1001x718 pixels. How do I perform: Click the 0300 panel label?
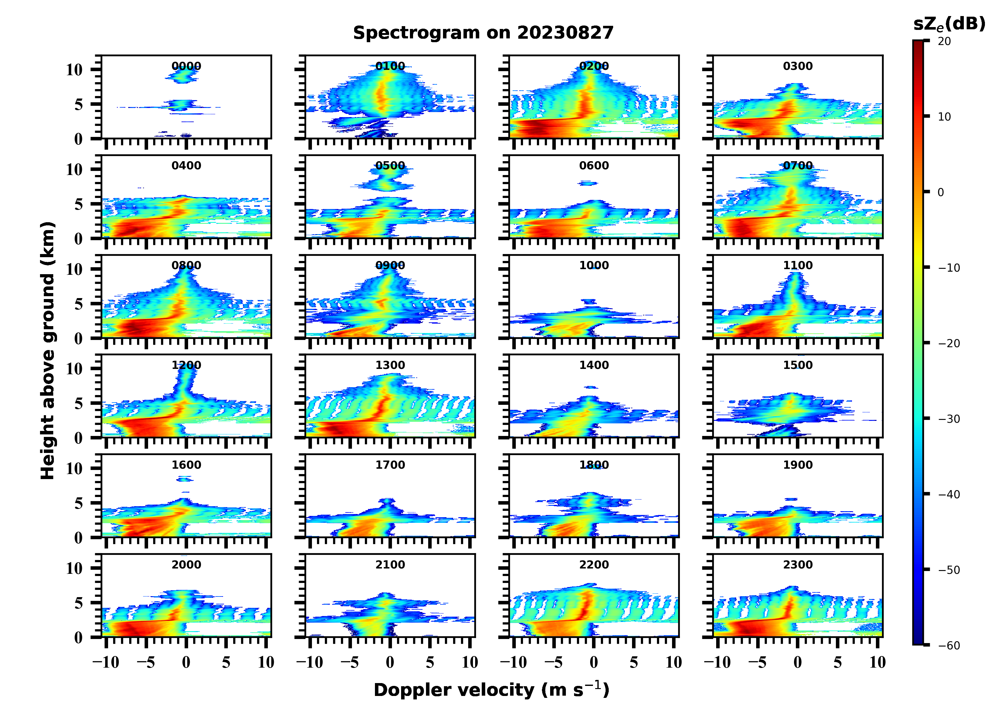pos(797,66)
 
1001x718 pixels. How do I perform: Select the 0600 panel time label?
pos(594,166)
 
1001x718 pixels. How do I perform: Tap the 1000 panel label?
pos(594,265)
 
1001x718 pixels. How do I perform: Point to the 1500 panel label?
pos(797,365)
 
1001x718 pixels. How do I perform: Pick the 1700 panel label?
pos(390,465)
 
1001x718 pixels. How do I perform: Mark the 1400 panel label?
pos(594,365)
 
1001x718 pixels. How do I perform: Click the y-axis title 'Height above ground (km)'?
pos(48,351)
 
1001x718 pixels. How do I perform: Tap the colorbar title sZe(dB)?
pos(949,24)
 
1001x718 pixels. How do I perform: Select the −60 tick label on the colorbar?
pos(949,646)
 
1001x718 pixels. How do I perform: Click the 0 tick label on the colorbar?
pos(941,192)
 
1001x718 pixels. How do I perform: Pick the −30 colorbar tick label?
pos(949,419)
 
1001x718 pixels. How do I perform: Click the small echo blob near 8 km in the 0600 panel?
pos(588,183)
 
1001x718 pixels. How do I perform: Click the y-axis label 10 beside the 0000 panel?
pos(74,70)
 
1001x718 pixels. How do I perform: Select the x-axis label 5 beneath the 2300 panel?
pos(837,662)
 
